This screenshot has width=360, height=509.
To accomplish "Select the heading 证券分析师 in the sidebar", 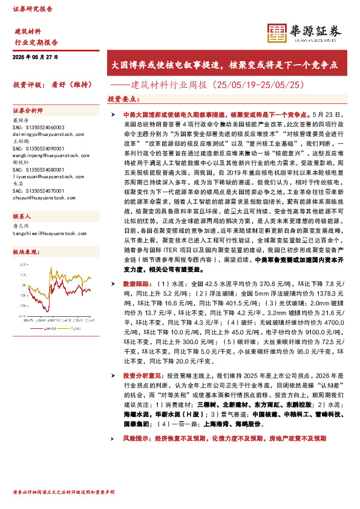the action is click(28, 111).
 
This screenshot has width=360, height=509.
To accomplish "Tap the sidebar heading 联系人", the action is click(22, 216).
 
